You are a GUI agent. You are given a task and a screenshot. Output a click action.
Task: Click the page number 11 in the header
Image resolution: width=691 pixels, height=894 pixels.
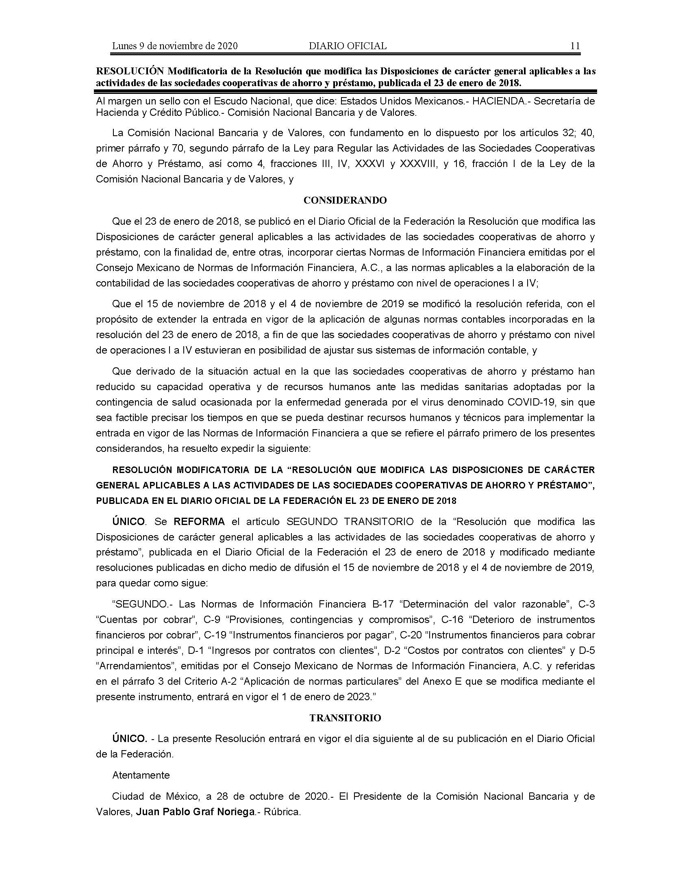click(x=575, y=46)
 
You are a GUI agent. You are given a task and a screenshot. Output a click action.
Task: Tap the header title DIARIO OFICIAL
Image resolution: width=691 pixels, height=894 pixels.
click(x=348, y=46)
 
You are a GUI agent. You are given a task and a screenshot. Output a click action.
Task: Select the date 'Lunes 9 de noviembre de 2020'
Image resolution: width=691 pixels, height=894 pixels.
click(x=175, y=46)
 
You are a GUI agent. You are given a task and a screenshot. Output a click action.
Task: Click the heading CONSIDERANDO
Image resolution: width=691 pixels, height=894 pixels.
click(x=345, y=200)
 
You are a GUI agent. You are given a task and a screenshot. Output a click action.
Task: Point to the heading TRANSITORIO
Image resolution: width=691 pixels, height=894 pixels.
click(x=345, y=718)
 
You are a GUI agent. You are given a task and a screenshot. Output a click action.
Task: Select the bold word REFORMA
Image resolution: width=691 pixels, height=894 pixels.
click(x=199, y=521)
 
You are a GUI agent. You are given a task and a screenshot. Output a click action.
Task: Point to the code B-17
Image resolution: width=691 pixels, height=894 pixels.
click(x=382, y=604)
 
